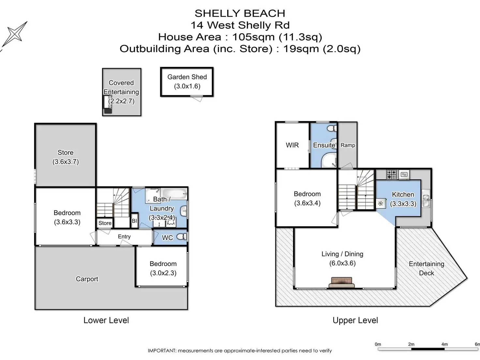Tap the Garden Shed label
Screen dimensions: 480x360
click(187, 77)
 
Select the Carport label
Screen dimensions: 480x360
click(87, 279)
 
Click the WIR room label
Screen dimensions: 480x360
click(292, 145)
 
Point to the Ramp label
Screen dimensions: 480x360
click(348, 145)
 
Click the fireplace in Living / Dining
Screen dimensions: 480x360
click(342, 282)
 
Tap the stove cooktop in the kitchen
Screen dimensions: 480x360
click(391, 175)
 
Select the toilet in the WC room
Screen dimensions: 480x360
click(182, 236)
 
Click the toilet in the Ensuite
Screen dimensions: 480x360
click(332, 128)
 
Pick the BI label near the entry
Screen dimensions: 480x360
click(134, 221)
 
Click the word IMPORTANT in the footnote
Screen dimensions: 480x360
click(162, 351)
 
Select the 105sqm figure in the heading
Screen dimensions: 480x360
click(253, 37)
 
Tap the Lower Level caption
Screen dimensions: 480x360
click(106, 320)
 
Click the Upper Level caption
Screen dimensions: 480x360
click(355, 320)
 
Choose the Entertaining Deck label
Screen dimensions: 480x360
click(427, 268)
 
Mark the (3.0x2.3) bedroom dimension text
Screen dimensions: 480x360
click(163, 273)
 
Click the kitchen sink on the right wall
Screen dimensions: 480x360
click(426, 201)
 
